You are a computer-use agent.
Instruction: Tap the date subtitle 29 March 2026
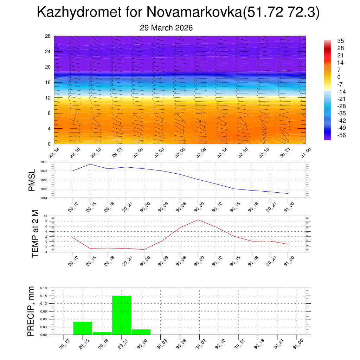(x=166, y=28)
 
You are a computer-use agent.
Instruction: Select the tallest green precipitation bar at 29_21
(x=122, y=315)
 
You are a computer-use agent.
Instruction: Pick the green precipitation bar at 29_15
(x=83, y=328)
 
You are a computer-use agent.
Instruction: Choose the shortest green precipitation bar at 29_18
(x=102, y=333)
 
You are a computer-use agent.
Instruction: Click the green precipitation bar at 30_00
(x=141, y=332)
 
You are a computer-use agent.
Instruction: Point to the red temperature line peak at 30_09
(x=198, y=220)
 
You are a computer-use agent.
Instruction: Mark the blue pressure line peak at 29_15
(x=90, y=164)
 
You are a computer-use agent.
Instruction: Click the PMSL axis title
(x=32, y=180)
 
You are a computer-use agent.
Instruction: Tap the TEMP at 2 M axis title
(x=35, y=233)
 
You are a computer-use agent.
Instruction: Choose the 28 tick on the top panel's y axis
(x=48, y=36)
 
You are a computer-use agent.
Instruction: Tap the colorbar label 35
(x=340, y=41)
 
